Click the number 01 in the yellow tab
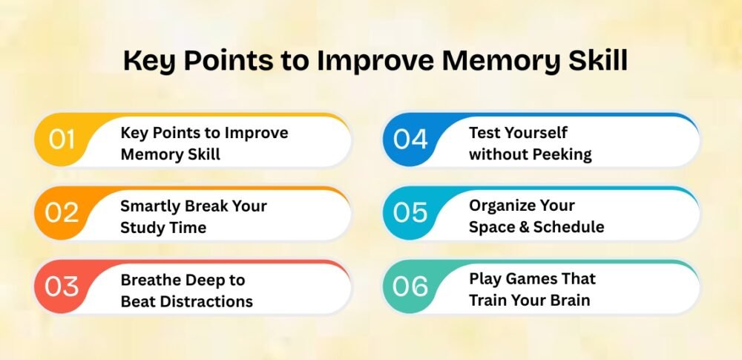coord(62,140)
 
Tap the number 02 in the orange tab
coord(62,213)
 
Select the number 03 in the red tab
coord(62,286)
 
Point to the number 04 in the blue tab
coord(410,140)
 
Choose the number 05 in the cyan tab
coord(410,213)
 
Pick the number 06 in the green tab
coord(410,286)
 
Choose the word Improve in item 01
coord(256,134)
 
